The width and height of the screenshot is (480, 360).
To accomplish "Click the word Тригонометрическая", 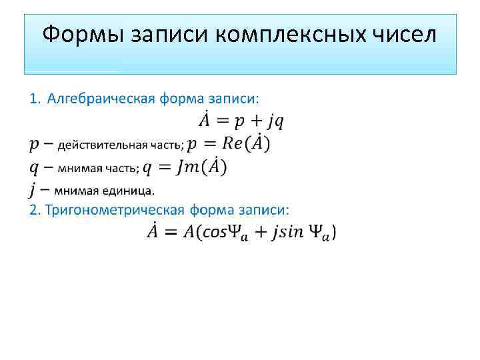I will click(115, 210).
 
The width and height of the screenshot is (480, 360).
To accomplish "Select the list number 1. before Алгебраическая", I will click(35, 99).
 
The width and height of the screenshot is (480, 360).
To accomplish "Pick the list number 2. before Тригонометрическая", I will click(35, 210).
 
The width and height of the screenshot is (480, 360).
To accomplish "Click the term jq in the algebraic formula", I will click(276, 121).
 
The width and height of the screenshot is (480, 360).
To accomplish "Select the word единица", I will click(130, 191).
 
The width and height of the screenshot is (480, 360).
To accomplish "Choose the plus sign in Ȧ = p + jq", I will click(254, 121).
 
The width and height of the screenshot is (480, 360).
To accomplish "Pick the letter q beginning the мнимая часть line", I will click(34, 167).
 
